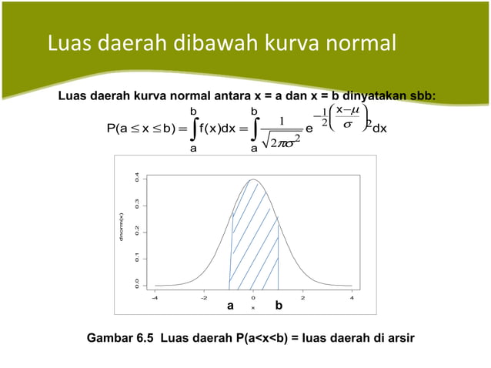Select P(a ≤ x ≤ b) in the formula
(x=135, y=129)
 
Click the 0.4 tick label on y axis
(x=137, y=179)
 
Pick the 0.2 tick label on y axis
(x=137, y=231)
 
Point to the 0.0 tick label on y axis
(x=137, y=284)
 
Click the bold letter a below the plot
(x=230, y=306)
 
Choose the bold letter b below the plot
(x=279, y=306)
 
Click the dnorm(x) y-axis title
(x=122, y=232)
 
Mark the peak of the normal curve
(x=253, y=180)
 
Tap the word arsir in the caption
(x=399, y=337)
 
